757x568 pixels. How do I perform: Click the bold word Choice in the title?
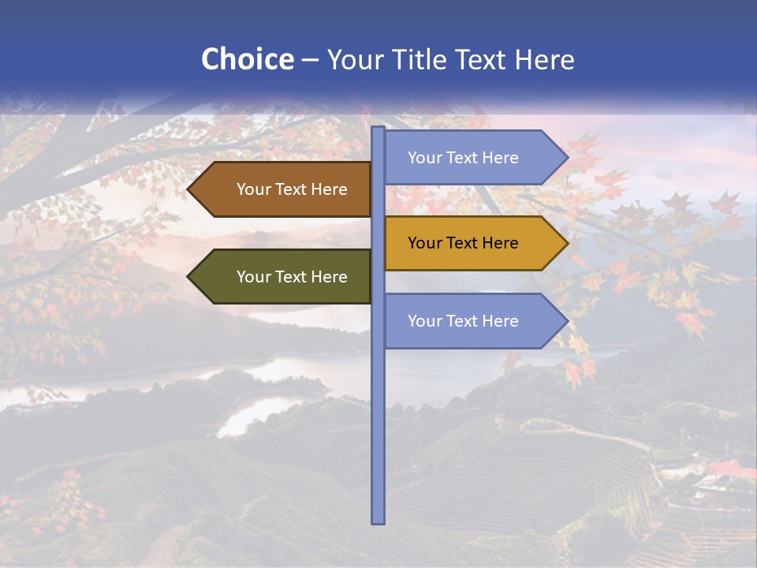(x=247, y=59)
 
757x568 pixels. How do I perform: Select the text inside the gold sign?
(x=463, y=243)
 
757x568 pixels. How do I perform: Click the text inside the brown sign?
(x=292, y=189)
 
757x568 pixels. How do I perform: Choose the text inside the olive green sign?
(x=292, y=277)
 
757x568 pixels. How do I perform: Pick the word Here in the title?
(x=544, y=59)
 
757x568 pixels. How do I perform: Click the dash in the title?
(x=310, y=61)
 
